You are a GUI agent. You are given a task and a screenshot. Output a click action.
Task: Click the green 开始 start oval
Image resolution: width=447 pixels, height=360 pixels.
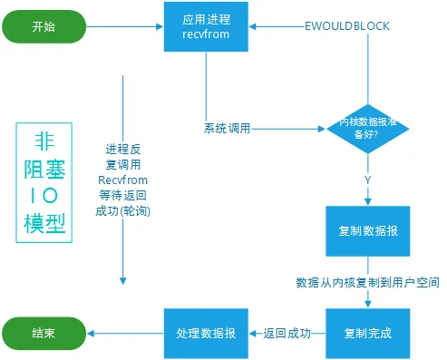point(44,26)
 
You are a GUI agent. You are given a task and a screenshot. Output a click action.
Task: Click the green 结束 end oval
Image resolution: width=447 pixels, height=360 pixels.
point(44,334)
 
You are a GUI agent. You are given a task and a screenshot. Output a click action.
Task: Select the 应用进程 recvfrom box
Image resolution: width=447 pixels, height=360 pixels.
point(206,26)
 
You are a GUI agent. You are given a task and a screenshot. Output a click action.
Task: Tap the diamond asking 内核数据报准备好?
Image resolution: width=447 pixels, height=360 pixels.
point(368,129)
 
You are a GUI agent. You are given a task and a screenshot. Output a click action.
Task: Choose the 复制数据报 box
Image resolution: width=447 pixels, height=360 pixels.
point(368,231)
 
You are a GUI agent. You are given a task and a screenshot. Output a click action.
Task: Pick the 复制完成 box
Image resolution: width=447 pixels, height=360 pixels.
point(368,334)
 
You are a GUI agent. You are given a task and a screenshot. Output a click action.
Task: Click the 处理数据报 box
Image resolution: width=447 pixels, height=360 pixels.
point(206,334)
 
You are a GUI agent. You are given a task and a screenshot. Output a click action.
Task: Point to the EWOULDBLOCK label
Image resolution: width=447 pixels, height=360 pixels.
point(347,26)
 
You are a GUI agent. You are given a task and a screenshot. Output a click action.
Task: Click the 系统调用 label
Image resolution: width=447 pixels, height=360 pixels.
point(228,129)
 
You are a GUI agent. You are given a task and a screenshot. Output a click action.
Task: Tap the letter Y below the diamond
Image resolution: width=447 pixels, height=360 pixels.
point(368,180)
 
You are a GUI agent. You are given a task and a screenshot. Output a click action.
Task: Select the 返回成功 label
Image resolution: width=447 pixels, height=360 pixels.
point(287,334)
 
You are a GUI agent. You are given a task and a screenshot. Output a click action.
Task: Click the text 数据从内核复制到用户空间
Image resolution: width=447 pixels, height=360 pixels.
point(367,283)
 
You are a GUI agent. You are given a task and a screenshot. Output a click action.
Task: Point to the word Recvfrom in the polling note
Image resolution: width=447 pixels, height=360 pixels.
point(123,180)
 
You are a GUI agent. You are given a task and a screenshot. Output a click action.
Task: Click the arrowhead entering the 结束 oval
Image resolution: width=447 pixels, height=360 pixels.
point(91,334)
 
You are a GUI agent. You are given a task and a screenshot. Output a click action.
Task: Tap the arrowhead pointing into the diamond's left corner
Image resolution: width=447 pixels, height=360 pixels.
point(322,129)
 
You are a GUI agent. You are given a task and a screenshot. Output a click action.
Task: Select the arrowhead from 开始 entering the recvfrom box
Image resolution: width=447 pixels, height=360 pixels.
point(160,26)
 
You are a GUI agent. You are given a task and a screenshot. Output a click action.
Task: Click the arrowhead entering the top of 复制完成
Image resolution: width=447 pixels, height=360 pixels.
point(368,304)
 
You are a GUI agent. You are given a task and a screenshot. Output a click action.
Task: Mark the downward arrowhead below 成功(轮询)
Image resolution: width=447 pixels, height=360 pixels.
point(123,281)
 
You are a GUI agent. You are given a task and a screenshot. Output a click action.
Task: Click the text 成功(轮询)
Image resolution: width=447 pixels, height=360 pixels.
point(123,211)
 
